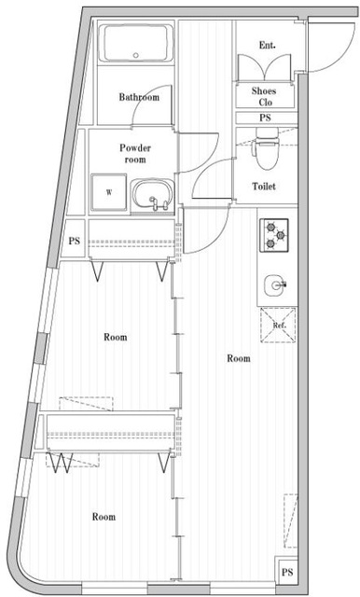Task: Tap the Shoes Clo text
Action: point(265,96)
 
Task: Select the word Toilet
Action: point(265,186)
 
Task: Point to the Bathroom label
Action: point(138,97)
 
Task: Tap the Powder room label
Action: point(134,153)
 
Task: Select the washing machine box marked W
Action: point(109,192)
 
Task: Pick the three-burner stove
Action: point(273,233)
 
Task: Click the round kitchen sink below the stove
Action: point(274,283)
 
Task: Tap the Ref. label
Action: point(278,326)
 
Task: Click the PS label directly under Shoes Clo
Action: point(266,118)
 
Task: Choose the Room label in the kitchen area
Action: point(239,358)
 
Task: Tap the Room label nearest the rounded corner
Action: point(103,516)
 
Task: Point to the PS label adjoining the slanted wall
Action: point(74,242)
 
